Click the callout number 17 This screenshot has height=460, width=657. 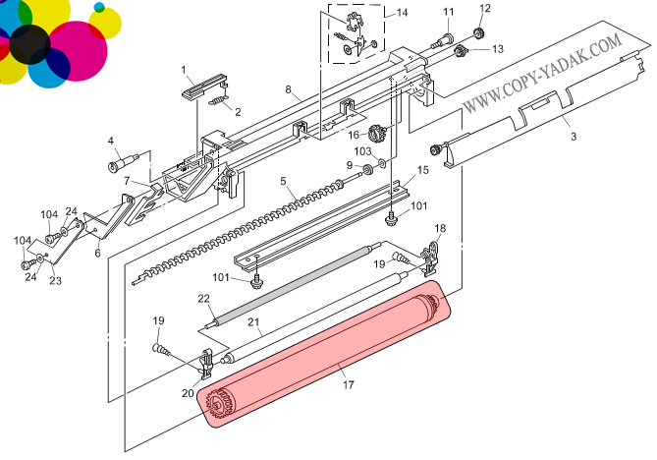pyautogui.click(x=349, y=384)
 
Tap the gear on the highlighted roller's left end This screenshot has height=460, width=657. pyautogui.click(x=220, y=403)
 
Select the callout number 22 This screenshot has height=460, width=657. pyautogui.click(x=203, y=299)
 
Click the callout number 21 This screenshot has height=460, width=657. pyautogui.click(x=253, y=322)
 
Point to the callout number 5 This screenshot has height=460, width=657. pyautogui.click(x=283, y=181)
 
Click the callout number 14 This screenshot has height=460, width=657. pyautogui.click(x=402, y=13)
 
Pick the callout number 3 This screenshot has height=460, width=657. pyautogui.click(x=574, y=136)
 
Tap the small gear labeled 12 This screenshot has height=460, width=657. pyautogui.click(x=477, y=33)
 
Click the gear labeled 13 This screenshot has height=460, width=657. pyautogui.click(x=461, y=51)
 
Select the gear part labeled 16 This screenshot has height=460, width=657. pyautogui.click(x=376, y=134)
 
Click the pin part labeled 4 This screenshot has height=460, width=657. pyautogui.click(x=123, y=162)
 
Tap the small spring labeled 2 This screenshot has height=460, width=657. pyautogui.click(x=217, y=100)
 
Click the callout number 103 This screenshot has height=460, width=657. pyautogui.click(x=362, y=150)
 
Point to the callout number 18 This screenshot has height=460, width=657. pyautogui.click(x=440, y=228)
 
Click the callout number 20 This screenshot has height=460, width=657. pyautogui.click(x=188, y=393)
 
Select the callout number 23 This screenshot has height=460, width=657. pyautogui.click(x=55, y=280)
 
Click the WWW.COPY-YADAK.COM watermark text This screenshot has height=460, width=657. pyautogui.click(x=543, y=74)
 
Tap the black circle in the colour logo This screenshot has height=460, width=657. pyautogui.click(x=29, y=44)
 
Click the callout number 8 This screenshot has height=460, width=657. pyautogui.click(x=289, y=89)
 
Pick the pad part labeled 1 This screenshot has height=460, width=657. pyautogui.click(x=204, y=86)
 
